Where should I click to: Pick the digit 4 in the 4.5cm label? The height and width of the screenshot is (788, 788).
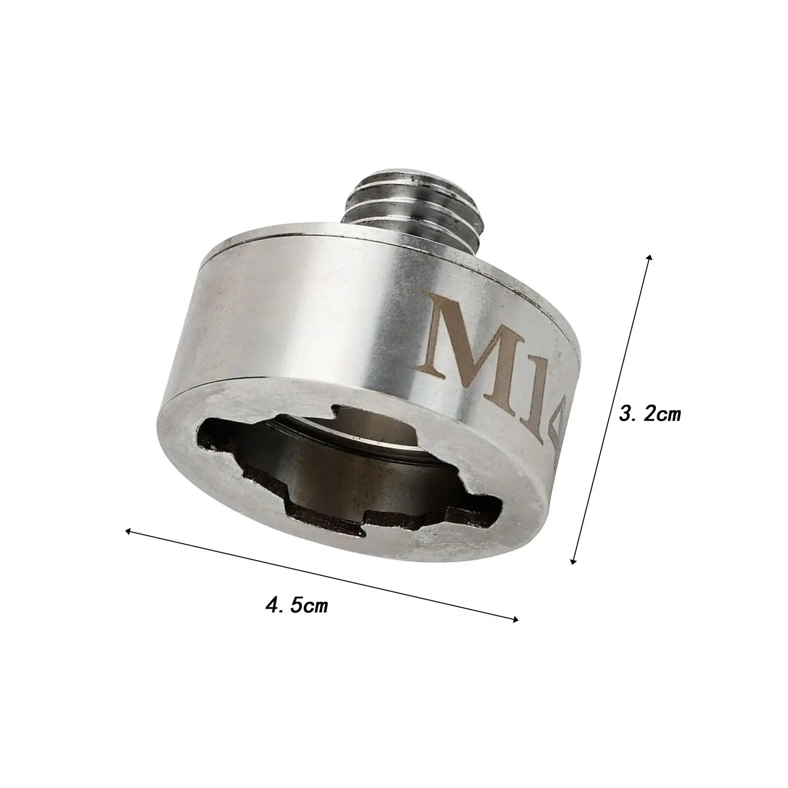[272, 604]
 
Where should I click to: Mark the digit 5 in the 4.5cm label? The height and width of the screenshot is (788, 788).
[296, 604]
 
